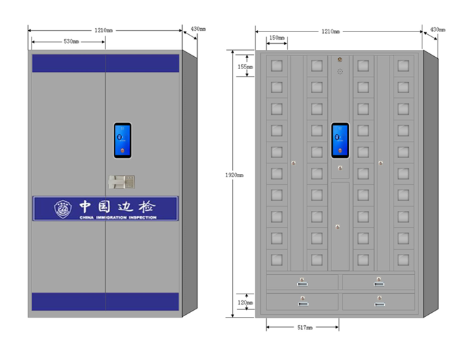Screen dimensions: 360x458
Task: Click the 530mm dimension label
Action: pos(71,42)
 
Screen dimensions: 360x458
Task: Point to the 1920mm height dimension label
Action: pos(235,175)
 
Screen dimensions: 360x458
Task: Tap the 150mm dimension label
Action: pos(277,38)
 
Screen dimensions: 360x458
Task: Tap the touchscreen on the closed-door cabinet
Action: pos(123,140)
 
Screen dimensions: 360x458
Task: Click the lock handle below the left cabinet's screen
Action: pos(122,183)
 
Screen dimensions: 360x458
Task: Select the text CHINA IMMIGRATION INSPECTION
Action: pos(118,218)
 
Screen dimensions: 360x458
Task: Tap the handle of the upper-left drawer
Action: pos(302,280)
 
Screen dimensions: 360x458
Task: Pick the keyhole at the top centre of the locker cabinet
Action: pos(340,60)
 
